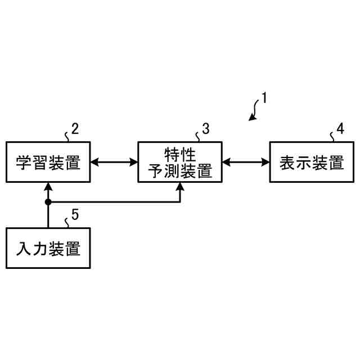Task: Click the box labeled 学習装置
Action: coord(48,163)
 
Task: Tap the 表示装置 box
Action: coord(312,163)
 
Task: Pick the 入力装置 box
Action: coord(48,248)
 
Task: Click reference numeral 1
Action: coord(264,98)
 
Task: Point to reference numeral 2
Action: coord(75,128)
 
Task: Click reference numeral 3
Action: coord(206,128)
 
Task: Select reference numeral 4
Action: coord(340,128)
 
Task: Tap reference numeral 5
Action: coord(75,214)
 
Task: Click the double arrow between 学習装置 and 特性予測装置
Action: coord(114,163)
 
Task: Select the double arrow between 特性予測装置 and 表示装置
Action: coord(246,163)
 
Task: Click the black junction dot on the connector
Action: coord(48,201)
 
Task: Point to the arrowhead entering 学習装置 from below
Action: coord(48,186)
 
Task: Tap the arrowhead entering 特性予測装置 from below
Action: coord(180,186)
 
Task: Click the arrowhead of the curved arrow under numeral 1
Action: coord(253,118)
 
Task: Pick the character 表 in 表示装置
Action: coord(288,163)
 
